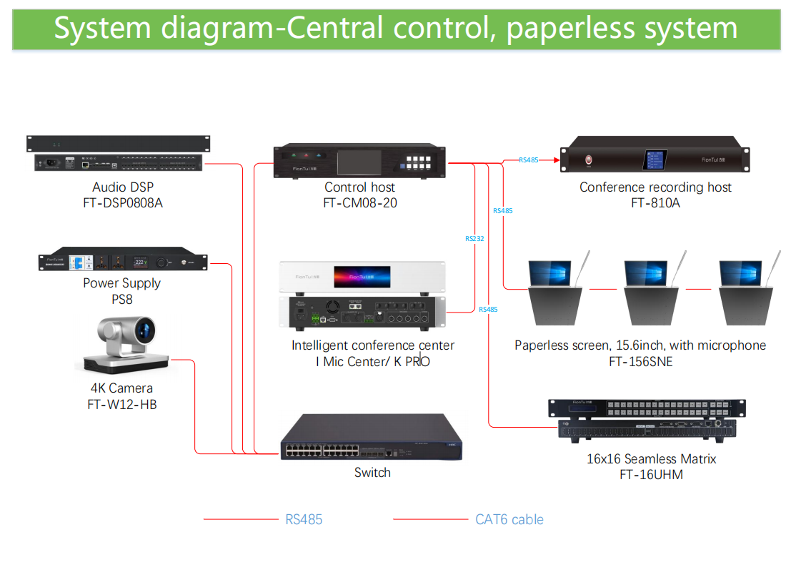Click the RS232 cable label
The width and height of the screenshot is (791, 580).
point(474,238)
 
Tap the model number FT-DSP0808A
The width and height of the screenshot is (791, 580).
point(123,203)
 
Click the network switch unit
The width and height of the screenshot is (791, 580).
point(371,439)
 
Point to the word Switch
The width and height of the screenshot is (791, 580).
point(372,473)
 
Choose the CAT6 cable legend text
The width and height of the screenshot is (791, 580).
point(509,520)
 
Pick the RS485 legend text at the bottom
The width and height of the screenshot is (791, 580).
point(304,520)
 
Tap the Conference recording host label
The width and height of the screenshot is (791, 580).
point(655,187)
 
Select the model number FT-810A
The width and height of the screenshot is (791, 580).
point(655,203)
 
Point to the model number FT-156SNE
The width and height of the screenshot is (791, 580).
point(640,362)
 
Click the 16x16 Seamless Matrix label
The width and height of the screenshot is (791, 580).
point(651,459)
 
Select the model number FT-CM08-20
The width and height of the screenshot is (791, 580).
point(360,203)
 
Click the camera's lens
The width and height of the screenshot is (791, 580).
point(146,333)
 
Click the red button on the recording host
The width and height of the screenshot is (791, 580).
point(589,160)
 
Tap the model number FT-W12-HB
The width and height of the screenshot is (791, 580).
point(121,405)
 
